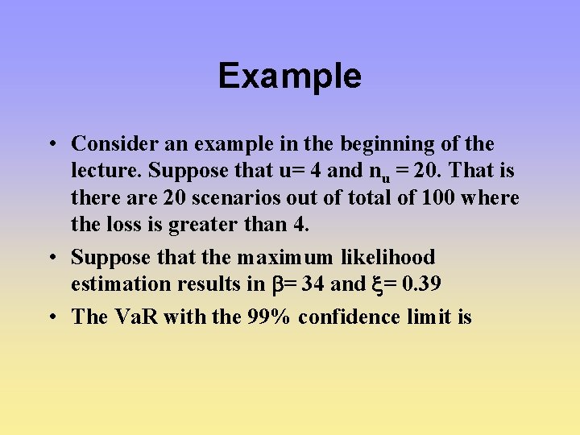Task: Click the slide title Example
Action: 290,77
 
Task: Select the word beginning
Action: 385,144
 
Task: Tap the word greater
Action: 199,224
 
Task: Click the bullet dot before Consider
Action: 51,145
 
